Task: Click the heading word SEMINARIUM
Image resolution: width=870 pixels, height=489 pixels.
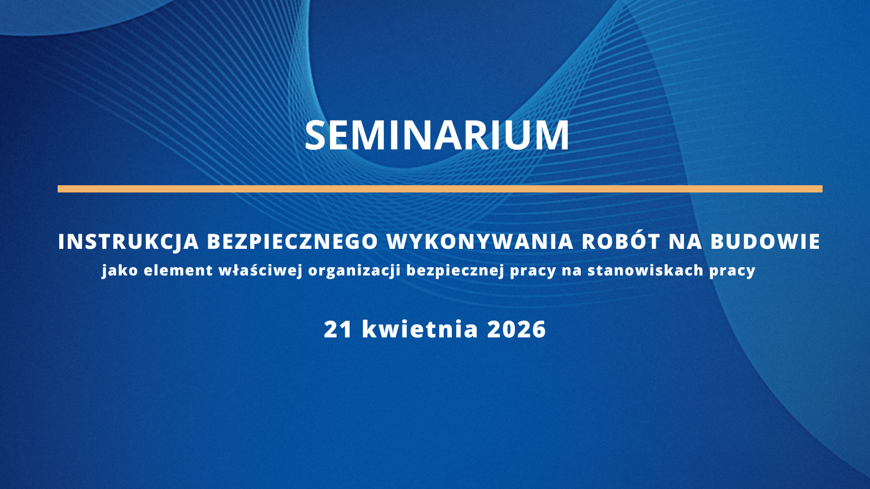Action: point(437,135)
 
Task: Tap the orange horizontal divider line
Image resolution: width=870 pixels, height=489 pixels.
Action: point(439,189)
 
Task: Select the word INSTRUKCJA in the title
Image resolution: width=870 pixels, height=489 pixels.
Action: point(128,242)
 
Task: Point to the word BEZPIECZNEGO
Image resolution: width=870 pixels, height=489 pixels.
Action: point(293,242)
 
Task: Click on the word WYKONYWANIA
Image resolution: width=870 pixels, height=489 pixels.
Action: point(480,242)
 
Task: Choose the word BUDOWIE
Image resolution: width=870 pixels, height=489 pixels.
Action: point(766,242)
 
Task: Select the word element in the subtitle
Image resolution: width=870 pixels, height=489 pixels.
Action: point(178,271)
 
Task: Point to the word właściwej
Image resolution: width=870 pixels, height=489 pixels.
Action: point(260,271)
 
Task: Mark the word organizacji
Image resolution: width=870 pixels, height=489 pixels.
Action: point(354,271)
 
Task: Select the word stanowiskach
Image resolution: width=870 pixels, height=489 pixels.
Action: point(645,271)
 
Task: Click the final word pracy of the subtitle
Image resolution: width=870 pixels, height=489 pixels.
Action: point(732,271)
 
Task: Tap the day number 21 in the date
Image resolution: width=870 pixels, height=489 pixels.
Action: point(338,329)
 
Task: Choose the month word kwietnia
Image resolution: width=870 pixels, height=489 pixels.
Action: point(420,329)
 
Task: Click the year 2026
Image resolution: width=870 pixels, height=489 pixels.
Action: point(517,329)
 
